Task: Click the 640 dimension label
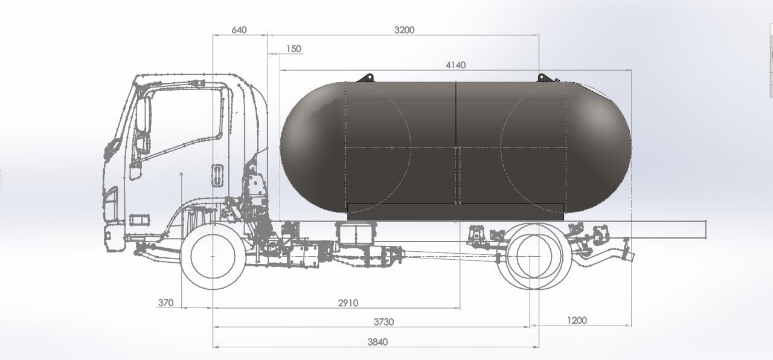[239, 30]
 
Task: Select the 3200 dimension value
[404, 30]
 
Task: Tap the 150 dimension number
[293, 49]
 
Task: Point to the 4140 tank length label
[455, 65]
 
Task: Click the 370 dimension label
[165, 303]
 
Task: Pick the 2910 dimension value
[348, 303]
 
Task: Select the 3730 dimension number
[383, 322]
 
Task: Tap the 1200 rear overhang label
[577, 321]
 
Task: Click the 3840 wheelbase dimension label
[377, 342]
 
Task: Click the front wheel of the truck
[213, 256]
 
